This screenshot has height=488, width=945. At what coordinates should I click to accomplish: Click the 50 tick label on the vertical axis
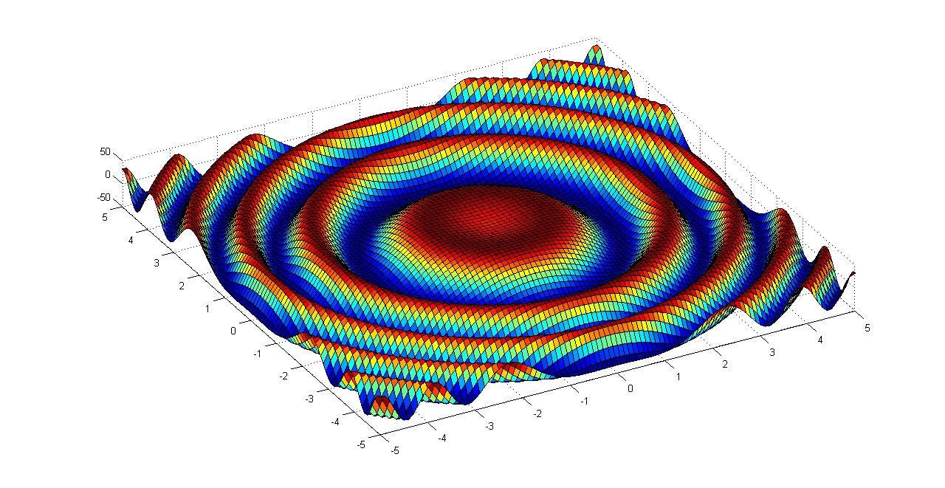pos(104,152)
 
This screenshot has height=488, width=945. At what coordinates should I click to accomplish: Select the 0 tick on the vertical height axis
pos(107,175)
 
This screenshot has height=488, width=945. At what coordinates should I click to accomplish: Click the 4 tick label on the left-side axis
pos(131,239)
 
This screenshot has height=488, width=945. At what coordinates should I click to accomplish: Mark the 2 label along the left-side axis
pos(182,285)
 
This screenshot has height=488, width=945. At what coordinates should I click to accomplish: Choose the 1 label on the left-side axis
pos(207,308)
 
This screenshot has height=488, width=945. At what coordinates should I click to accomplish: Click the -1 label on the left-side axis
pos(256,354)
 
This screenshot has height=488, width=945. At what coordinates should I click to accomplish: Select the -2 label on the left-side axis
pos(282,376)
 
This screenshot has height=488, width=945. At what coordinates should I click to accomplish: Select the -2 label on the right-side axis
pos(536,413)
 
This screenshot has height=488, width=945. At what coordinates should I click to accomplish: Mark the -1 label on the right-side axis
pos(583,401)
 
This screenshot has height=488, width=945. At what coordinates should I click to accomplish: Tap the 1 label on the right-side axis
pos(678,377)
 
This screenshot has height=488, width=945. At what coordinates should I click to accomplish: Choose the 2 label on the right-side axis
pos(725,364)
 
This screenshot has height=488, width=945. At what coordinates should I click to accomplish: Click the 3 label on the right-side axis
pos(772,352)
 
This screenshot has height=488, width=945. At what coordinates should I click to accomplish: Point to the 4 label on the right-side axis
pos(819,340)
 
